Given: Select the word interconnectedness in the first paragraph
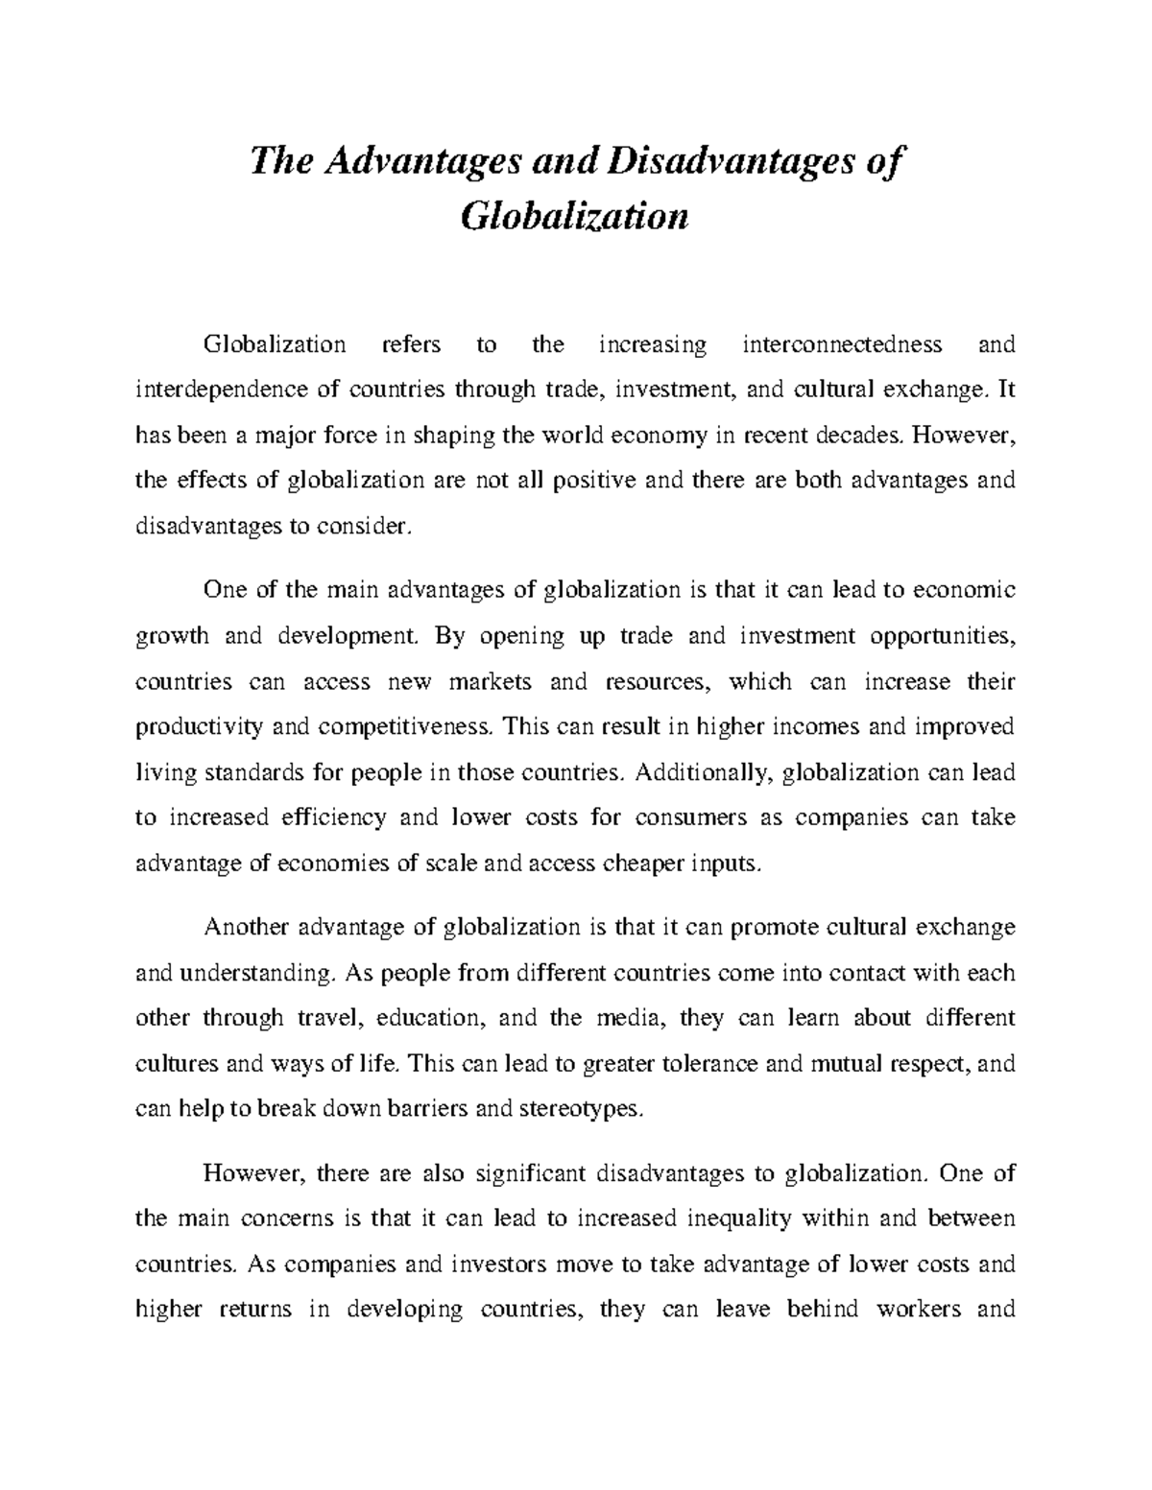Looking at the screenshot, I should click(x=843, y=344).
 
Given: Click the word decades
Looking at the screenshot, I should click(x=860, y=435).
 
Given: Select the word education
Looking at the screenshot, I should click(x=432, y=1018).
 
